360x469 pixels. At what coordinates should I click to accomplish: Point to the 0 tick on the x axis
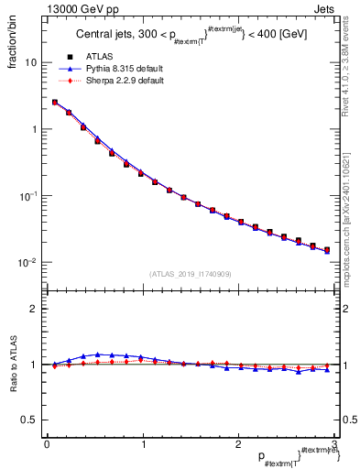(47, 444)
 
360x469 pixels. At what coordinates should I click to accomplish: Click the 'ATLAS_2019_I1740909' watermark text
(190, 273)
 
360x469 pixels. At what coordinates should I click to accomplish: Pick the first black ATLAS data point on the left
(55, 103)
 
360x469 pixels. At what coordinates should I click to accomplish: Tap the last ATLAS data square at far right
(327, 249)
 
